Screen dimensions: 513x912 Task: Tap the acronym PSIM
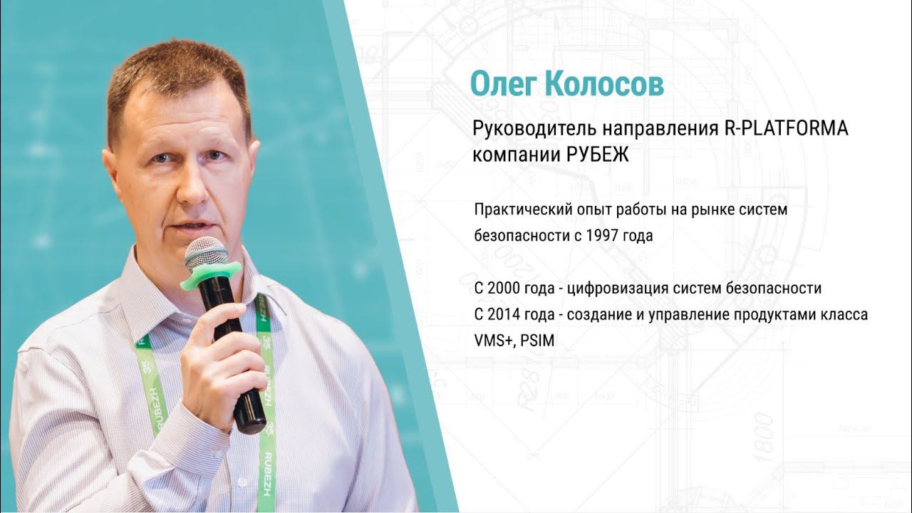[537, 341]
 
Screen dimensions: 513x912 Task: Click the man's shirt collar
[150, 285]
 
